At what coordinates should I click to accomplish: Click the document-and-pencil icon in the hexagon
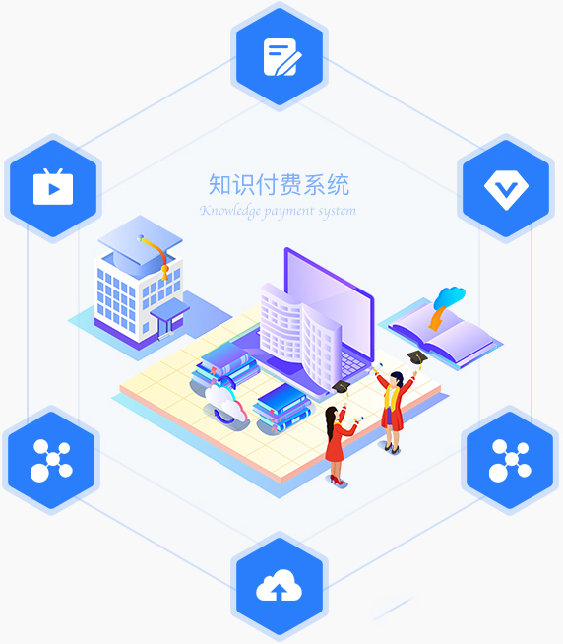point(282,57)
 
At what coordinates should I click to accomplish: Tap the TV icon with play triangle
point(53,187)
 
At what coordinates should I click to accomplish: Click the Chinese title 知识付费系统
point(279,184)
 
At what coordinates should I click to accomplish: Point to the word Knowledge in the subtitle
point(230,211)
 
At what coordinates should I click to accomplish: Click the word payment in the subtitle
point(289,212)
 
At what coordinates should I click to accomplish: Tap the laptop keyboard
point(352,364)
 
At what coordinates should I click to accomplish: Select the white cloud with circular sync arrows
point(225,406)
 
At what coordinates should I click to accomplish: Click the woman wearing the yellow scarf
point(394,412)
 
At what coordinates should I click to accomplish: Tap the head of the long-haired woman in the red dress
point(332,414)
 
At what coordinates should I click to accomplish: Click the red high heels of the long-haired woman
point(337,481)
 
